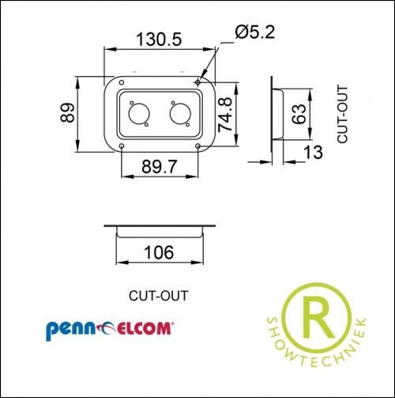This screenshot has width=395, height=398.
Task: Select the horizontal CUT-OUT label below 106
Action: coord(158,297)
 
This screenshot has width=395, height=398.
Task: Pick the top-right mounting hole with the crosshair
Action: coord(197,82)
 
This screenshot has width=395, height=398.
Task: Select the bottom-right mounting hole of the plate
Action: coord(197,146)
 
